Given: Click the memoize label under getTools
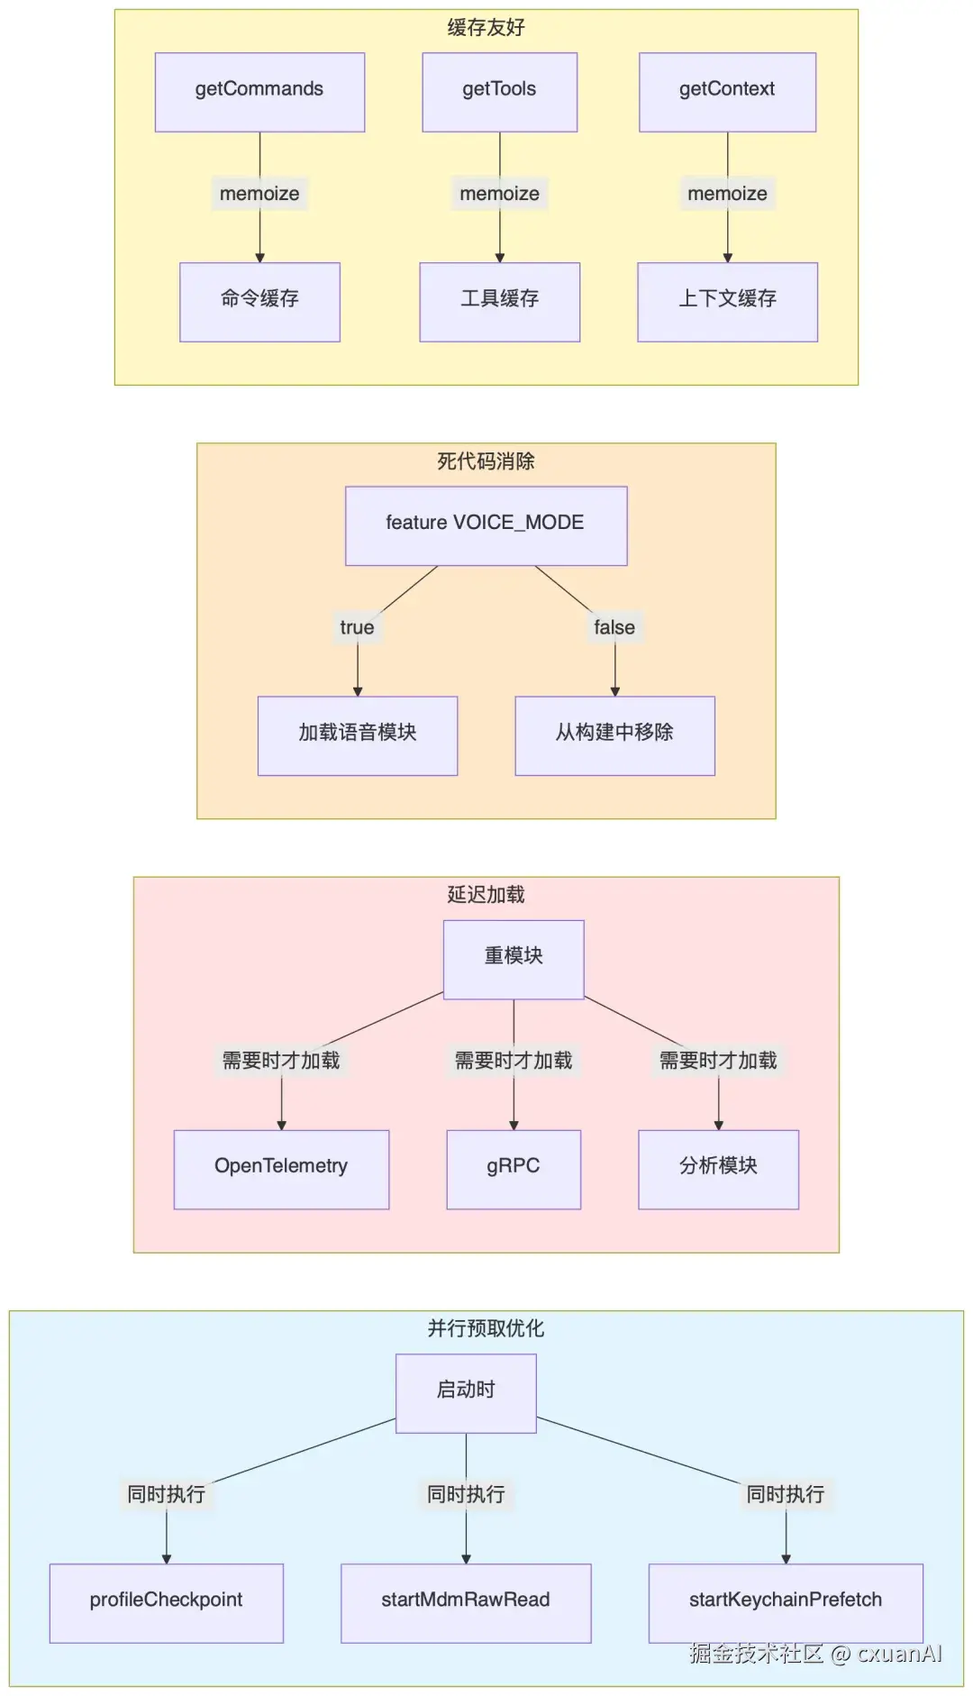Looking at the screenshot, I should coord(499,194).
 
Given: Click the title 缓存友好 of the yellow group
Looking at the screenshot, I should coord(486,28).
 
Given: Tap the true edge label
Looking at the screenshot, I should coord(357,627).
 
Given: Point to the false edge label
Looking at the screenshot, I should coord(614,627).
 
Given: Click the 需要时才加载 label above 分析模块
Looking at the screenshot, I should coord(718,1061).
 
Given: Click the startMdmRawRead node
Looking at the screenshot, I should coord(466,1601).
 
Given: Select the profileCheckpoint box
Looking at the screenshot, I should coord(166,1601).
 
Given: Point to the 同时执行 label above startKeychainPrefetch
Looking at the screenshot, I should coord(786,1494).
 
